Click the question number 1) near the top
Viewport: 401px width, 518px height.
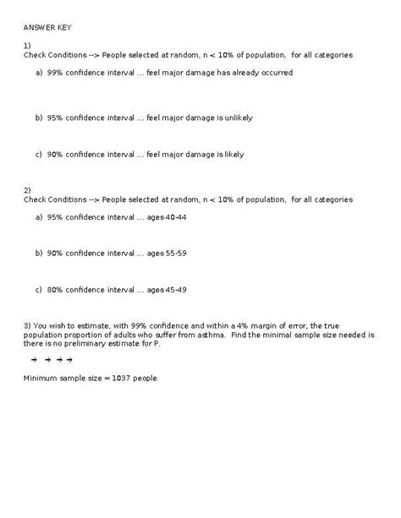click(x=27, y=45)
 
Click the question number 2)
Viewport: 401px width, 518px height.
click(x=27, y=190)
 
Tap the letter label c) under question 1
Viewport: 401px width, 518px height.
click(x=39, y=155)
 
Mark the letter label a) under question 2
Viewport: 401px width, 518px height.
click(x=39, y=217)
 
